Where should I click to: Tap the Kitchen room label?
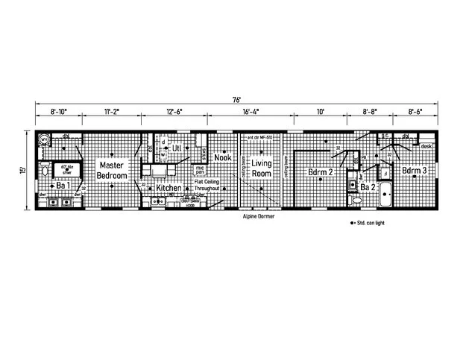pyautogui.click(x=169, y=189)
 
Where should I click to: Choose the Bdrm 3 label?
pyautogui.click(x=415, y=171)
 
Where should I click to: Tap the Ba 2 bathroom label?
pyautogui.click(x=368, y=187)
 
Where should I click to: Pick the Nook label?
pyautogui.click(x=222, y=157)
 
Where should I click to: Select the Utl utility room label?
pyautogui.click(x=177, y=148)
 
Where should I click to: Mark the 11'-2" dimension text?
pyautogui.click(x=113, y=112)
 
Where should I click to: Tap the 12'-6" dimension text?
pyautogui.click(x=174, y=112)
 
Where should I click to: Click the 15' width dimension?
pyautogui.click(x=24, y=170)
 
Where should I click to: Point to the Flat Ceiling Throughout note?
pyautogui.click(x=208, y=186)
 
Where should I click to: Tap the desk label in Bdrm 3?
pyautogui.click(x=426, y=146)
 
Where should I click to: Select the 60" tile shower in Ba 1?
pyautogui.click(x=56, y=168)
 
